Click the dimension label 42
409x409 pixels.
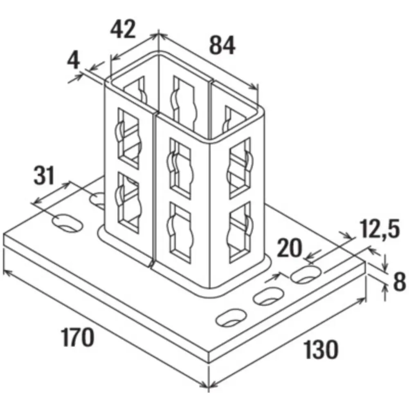123,29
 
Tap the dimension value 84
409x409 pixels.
222,45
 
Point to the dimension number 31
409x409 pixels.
45,175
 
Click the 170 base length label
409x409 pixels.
77,337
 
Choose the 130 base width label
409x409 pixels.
321,350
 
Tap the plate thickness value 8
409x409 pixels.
399,281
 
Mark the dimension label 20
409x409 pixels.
289,248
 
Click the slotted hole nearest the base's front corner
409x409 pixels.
231,317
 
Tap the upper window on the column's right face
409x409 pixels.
240,168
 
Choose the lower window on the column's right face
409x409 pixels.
240,231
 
